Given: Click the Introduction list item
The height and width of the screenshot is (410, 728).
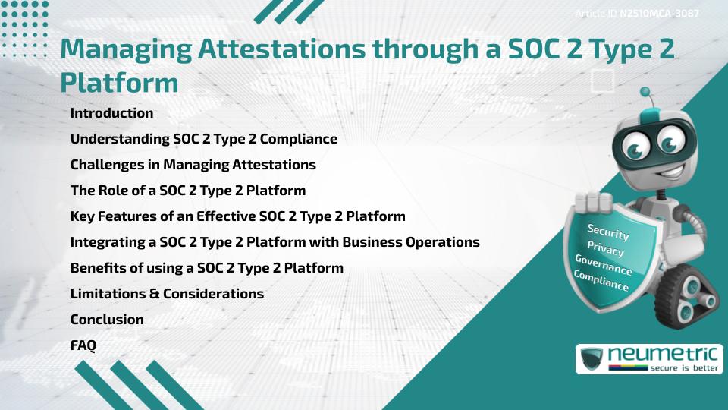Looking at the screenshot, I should click(111, 113).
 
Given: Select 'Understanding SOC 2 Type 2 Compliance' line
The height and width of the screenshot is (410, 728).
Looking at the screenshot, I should click(203, 139).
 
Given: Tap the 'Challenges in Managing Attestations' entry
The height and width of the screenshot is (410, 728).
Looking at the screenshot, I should click(193, 165).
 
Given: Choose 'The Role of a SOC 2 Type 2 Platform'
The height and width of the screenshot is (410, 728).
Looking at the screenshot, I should click(187, 191).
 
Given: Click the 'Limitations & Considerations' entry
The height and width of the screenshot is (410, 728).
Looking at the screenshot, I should click(167, 294).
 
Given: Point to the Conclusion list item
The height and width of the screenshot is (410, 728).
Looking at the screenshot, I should click(107, 320).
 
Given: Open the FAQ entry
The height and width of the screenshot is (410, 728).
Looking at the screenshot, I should click(83, 345).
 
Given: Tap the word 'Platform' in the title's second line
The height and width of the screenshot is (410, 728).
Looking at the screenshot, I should click(119, 82).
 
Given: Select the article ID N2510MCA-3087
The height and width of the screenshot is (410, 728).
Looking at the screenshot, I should click(658, 14).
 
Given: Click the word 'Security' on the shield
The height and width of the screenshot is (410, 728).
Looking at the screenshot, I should click(608, 232).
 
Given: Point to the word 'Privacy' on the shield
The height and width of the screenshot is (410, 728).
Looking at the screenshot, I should click(605, 249).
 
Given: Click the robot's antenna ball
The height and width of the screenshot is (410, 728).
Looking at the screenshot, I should click(646, 93).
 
